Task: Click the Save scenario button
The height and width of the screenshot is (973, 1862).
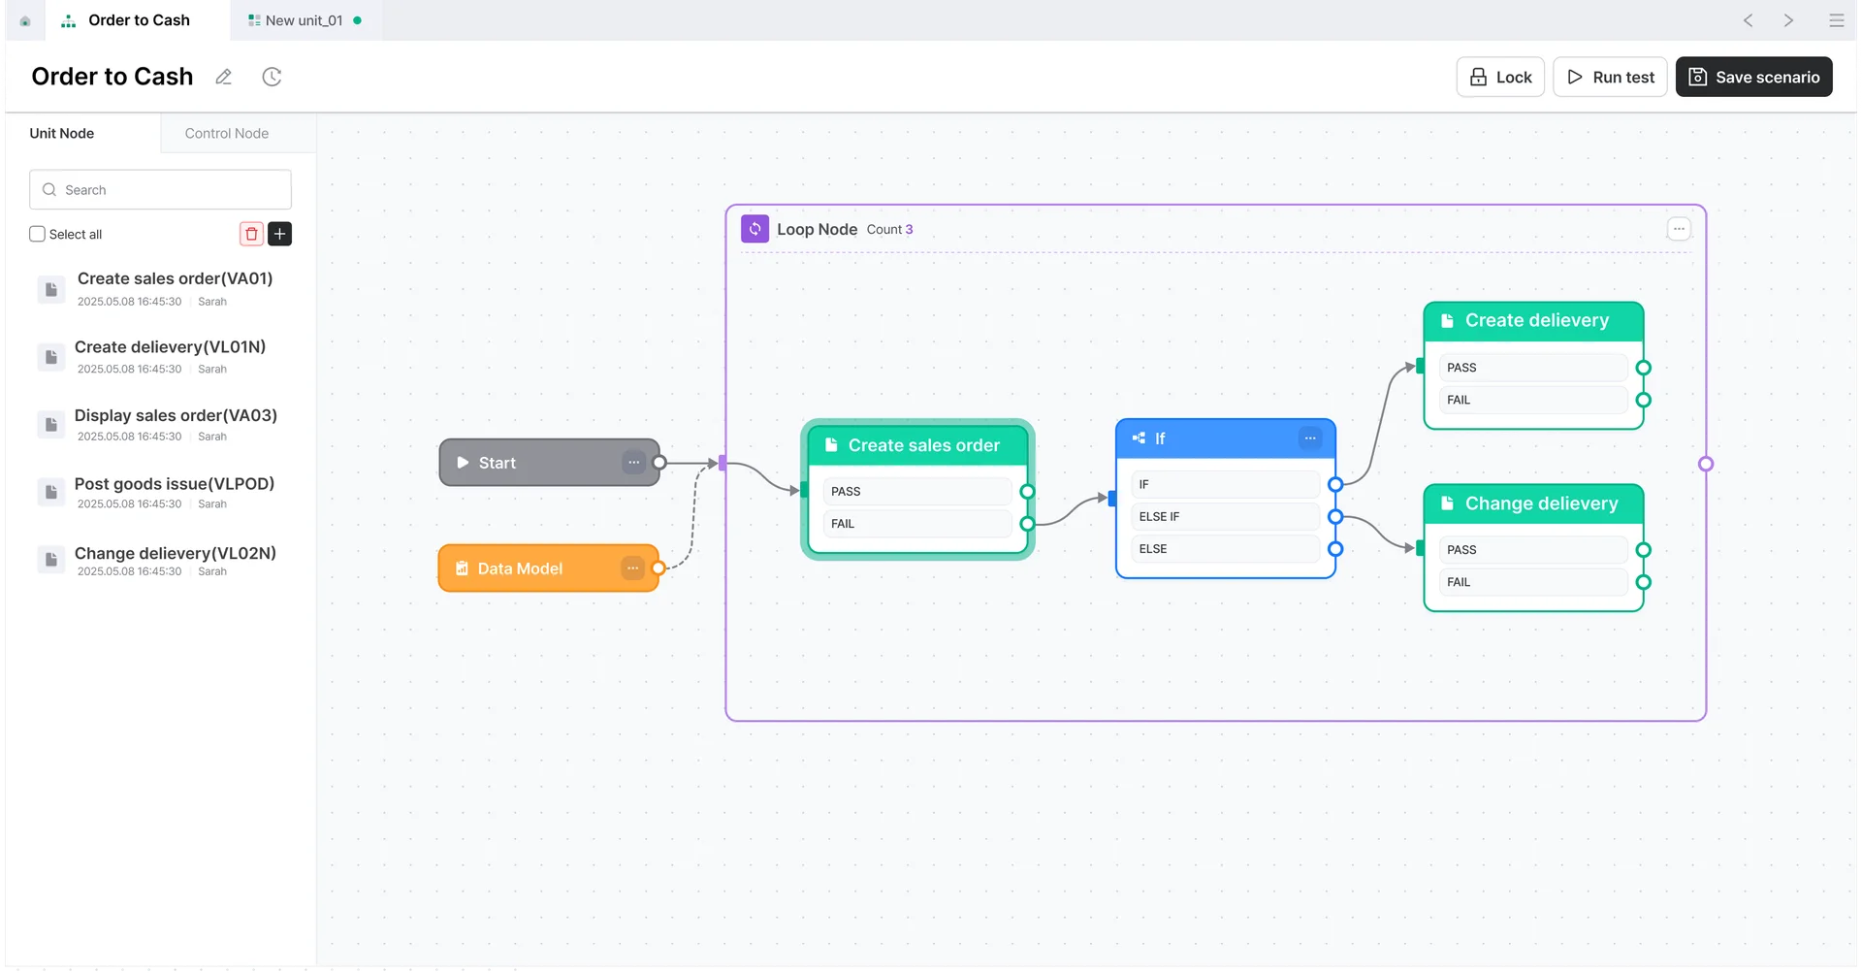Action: pyautogui.click(x=1753, y=77)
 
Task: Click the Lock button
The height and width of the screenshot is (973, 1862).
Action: pyautogui.click(x=1499, y=77)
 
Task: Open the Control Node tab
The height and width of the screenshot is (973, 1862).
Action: pyautogui.click(x=227, y=133)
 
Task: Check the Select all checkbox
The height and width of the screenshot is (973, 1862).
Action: pyautogui.click(x=38, y=234)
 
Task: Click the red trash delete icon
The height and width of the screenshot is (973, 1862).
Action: pyautogui.click(x=251, y=234)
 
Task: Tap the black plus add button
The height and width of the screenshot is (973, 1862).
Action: pyautogui.click(x=279, y=234)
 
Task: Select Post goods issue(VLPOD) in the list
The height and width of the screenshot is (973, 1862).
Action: pyautogui.click(x=174, y=484)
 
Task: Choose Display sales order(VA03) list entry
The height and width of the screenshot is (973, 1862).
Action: pyautogui.click(x=176, y=416)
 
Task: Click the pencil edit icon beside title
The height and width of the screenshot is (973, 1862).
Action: pyautogui.click(x=224, y=77)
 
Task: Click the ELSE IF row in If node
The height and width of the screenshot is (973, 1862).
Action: pyautogui.click(x=1226, y=517)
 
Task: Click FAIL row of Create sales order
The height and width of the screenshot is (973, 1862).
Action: pyautogui.click(x=915, y=524)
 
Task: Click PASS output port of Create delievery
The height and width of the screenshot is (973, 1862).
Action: pyautogui.click(x=1643, y=368)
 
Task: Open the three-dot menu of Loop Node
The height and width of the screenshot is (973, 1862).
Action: pyautogui.click(x=1679, y=229)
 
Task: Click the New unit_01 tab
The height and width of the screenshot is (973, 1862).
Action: pyautogui.click(x=304, y=20)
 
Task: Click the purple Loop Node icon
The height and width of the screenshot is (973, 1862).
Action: pyautogui.click(x=754, y=229)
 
